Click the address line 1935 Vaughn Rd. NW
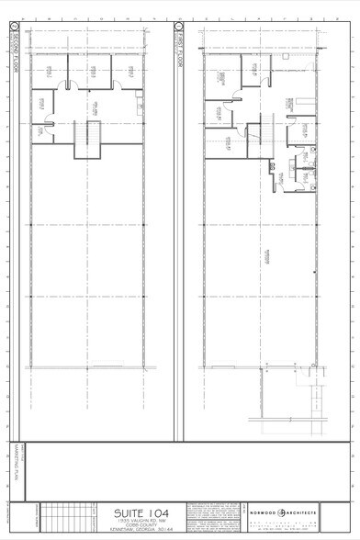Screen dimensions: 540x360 140,520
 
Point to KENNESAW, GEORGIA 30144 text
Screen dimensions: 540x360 140,530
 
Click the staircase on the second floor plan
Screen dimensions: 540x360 88,138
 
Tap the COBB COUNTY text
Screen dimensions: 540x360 140,524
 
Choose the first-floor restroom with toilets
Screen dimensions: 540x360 299,169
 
